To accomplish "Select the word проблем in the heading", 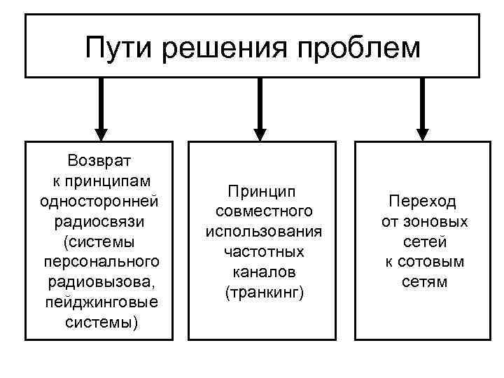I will (x=360, y=48).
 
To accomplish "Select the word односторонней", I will (x=99, y=201).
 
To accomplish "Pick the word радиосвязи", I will (x=99, y=221).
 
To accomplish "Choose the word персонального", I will (x=100, y=262).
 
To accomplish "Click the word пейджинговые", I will (x=100, y=302).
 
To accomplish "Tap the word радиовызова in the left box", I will (x=98, y=282).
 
